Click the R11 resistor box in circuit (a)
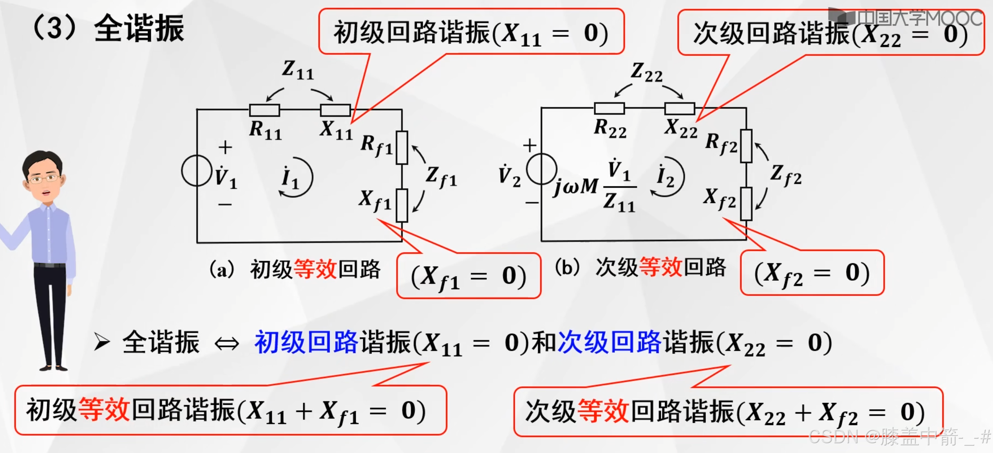coord(264,110)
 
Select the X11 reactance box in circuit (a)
coord(335,110)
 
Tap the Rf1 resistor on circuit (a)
coord(402,148)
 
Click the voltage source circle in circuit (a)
coord(197,171)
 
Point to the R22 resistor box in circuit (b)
coord(609,108)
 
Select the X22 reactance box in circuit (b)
coord(680,108)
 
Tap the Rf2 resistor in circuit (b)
coord(746,146)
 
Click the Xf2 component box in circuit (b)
coord(746,204)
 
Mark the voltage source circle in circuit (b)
coord(541,169)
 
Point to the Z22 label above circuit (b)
coord(646,72)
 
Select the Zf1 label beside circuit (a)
coord(441,177)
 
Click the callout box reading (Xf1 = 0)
coord(469,276)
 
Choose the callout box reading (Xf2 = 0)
coord(812,273)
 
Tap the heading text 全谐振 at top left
coord(139,29)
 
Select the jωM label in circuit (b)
coord(576,187)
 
